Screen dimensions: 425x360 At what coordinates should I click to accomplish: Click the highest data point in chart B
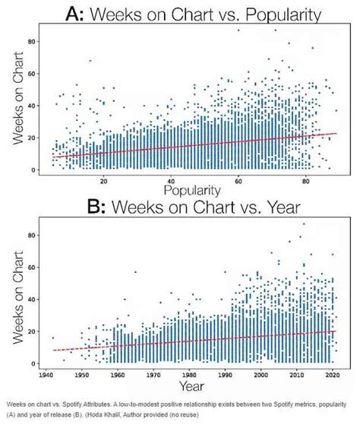(304, 224)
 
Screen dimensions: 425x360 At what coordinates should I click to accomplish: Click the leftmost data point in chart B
(53, 338)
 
